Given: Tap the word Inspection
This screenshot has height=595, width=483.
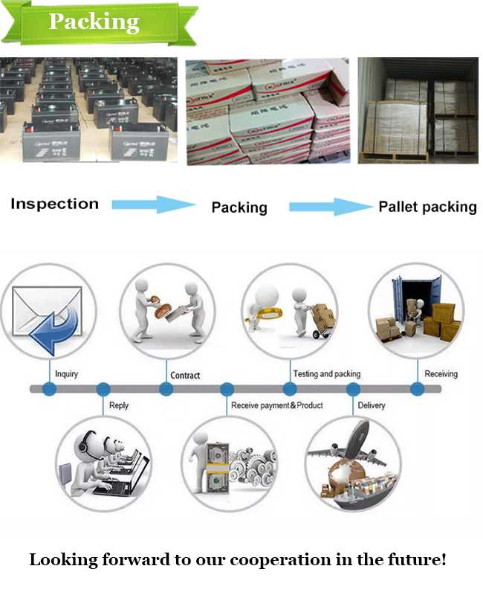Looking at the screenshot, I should (x=54, y=204).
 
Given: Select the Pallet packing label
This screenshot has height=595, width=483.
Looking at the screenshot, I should (x=427, y=207).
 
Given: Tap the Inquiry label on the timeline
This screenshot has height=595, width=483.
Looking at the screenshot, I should (x=66, y=374).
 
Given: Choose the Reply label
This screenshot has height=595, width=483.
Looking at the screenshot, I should (x=119, y=405).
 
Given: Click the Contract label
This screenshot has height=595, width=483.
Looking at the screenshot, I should (x=185, y=376).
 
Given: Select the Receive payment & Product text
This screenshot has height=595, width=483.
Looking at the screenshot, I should (x=276, y=405).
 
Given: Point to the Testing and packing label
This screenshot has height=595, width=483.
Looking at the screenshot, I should (x=327, y=374).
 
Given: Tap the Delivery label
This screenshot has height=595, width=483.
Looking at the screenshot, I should (x=372, y=405).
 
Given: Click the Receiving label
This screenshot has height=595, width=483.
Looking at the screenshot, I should (x=441, y=374).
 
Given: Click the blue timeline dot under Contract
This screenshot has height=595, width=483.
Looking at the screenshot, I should (x=166, y=389).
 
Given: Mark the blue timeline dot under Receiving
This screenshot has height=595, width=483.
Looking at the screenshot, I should (x=418, y=389).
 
